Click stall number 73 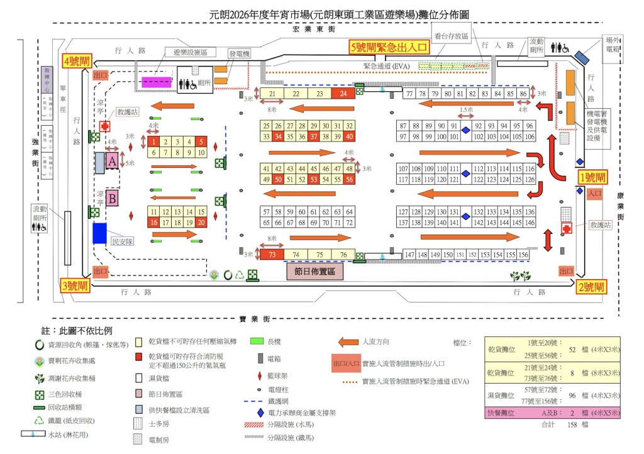[x=272, y=255]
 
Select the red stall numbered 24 [x=343, y=94]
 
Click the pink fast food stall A [x=111, y=162]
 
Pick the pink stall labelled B [x=113, y=199]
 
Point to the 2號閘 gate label [x=591, y=287]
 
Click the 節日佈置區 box [x=314, y=272]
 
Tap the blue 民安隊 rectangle [x=99, y=233]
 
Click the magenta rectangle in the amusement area [x=157, y=82]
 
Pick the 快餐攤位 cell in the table [x=502, y=413]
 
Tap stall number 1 [x=153, y=141]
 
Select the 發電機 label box [x=239, y=54]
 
